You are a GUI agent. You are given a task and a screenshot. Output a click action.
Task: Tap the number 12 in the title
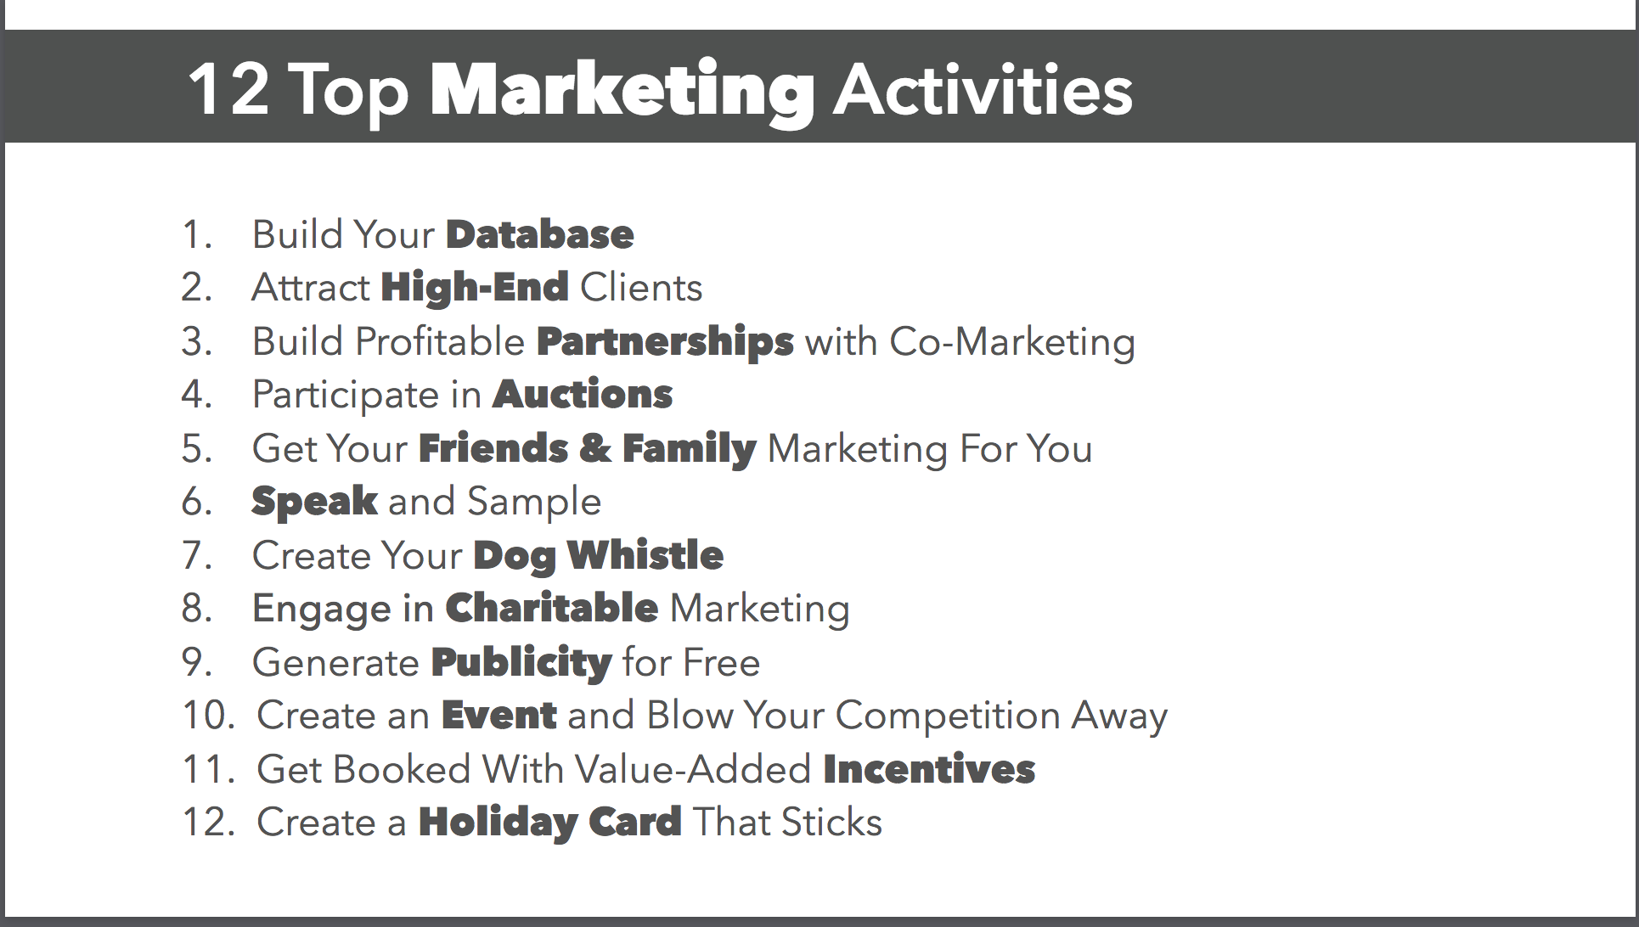click(228, 89)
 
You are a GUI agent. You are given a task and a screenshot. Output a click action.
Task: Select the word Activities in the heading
click(983, 89)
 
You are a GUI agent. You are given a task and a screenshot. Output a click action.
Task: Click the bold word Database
click(540, 235)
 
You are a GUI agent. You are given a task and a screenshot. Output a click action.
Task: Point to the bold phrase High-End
click(475, 287)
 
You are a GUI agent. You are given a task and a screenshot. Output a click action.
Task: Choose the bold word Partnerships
click(666, 342)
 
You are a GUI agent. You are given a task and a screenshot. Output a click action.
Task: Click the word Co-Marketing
click(1012, 342)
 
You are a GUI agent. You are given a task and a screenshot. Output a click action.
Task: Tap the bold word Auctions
click(583, 395)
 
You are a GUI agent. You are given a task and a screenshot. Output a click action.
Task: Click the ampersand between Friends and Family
click(594, 448)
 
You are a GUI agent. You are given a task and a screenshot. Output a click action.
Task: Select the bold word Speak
click(315, 502)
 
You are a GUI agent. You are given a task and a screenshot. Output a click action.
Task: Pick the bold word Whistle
click(645, 555)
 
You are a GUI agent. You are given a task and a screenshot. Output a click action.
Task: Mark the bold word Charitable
click(552, 608)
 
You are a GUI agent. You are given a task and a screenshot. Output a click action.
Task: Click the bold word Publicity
click(521, 663)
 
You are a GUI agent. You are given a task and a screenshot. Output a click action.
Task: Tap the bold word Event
click(499, 716)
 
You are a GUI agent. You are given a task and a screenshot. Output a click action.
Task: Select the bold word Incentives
click(929, 769)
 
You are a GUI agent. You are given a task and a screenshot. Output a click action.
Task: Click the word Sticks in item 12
click(831, 822)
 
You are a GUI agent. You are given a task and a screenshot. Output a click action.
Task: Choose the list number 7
click(196, 555)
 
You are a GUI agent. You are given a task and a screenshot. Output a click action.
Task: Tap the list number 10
click(209, 716)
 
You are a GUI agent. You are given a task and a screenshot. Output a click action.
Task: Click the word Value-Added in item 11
click(693, 769)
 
